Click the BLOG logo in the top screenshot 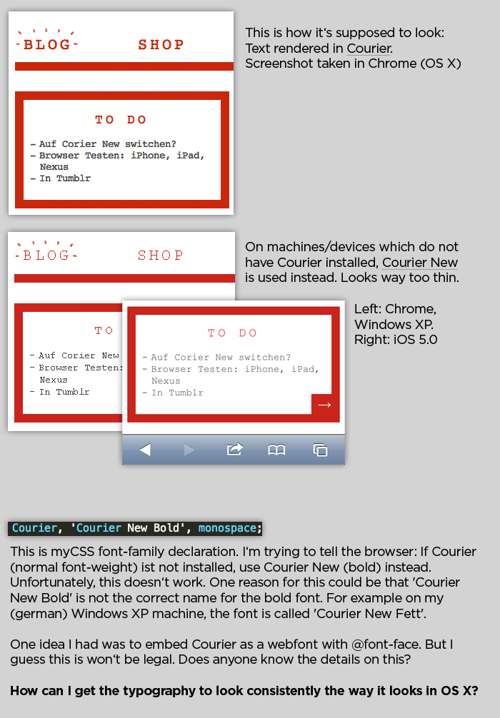pos(46,41)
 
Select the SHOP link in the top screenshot pos(161,44)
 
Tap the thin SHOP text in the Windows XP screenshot pos(161,255)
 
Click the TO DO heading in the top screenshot pos(121,119)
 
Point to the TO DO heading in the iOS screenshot pos(232,333)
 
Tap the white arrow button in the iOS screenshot pos(325,405)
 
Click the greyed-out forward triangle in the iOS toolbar pos(189,450)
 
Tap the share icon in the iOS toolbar pos(235,449)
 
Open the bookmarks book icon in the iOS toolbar pos(276,450)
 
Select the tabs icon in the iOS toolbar pos(320,450)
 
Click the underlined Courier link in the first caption pos(369,48)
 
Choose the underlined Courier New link pos(420,263)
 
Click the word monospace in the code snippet pos(227,528)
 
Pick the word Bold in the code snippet pos(166,528)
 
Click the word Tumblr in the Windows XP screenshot pos(73,392)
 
